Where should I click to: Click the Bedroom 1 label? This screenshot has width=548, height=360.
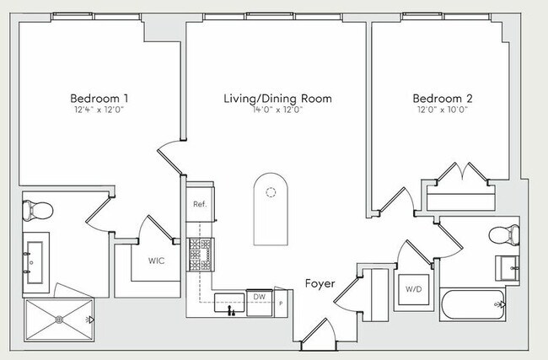click(99, 98)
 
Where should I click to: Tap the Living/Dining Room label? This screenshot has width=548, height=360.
click(278, 99)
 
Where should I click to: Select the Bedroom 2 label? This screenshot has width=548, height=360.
click(443, 98)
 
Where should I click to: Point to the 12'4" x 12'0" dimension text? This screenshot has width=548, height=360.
click(99, 110)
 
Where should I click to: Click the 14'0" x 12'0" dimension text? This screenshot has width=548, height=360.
click(278, 110)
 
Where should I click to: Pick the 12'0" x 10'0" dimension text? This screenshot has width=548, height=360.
click(443, 110)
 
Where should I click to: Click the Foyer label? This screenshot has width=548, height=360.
click(320, 283)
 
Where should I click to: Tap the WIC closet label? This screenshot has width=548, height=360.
click(156, 261)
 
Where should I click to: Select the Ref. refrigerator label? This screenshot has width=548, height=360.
click(200, 204)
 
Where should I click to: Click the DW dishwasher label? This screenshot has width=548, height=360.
click(260, 297)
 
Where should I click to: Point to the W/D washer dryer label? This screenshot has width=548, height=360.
click(413, 289)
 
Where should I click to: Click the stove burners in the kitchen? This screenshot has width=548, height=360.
click(201, 255)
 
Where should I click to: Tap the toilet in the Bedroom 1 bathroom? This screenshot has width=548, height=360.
click(37, 211)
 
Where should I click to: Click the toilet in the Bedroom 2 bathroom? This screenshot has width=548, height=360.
click(504, 235)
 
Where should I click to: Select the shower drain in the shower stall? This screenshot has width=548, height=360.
click(59, 320)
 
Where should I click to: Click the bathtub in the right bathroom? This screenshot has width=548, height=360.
click(472, 304)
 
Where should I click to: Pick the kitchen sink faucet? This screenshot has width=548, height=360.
click(230, 310)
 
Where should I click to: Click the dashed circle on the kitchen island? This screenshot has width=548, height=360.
click(271, 192)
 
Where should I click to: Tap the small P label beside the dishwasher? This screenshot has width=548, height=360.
click(281, 304)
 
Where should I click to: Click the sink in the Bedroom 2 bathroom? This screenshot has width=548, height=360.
click(507, 268)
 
